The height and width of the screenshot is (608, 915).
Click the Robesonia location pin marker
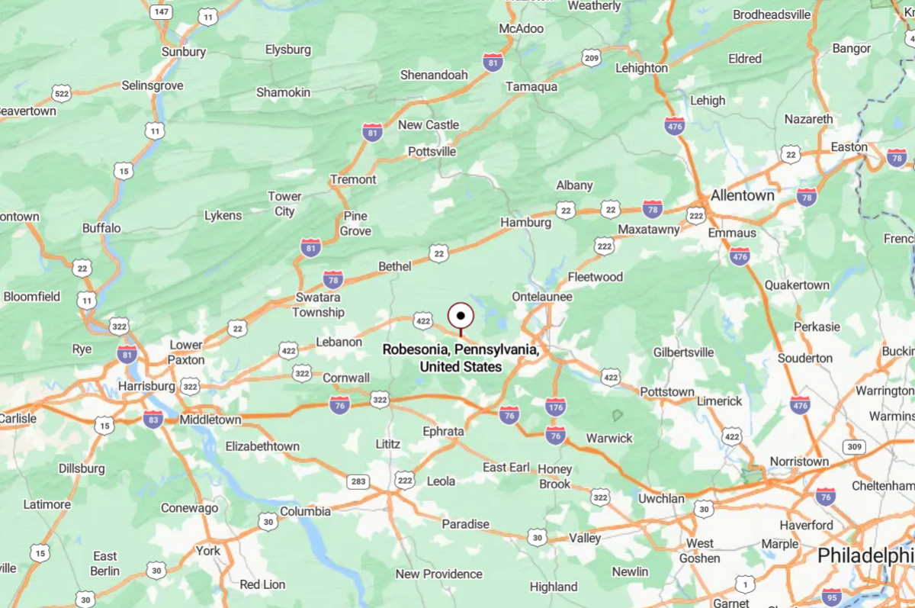point(461,316)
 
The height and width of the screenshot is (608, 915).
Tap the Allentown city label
point(742,195)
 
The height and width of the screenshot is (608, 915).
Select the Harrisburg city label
point(146,387)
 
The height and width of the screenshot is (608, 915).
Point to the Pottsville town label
point(432,152)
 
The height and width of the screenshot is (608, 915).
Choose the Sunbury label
point(184,52)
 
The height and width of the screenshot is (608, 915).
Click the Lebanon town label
point(339,342)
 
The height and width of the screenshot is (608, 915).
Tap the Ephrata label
point(443,431)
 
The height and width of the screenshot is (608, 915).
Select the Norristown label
point(799,462)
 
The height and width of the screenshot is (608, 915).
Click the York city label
point(207,551)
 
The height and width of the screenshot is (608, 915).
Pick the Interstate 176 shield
point(555,407)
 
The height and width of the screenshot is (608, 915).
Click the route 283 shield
point(358,481)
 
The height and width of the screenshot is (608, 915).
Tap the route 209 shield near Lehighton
point(591,57)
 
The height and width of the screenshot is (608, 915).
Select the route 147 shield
point(160,12)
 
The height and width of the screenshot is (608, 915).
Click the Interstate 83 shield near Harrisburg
point(153,419)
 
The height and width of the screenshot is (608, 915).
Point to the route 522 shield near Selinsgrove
point(62,93)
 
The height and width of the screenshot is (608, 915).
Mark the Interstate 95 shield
point(833,596)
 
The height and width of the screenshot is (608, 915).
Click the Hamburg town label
point(525,223)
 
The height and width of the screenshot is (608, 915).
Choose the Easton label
point(849,147)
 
